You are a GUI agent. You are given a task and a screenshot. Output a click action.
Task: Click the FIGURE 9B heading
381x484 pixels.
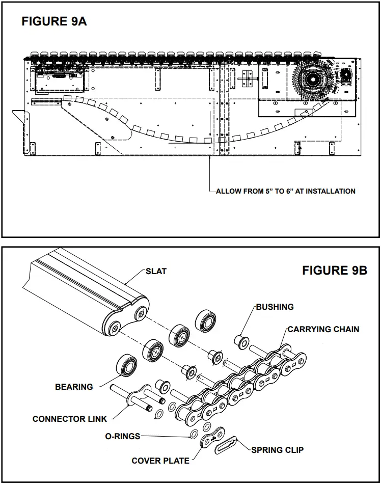pyautogui.click(x=334, y=271)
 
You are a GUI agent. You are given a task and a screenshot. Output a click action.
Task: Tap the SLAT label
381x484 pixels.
pyautogui.click(x=156, y=272)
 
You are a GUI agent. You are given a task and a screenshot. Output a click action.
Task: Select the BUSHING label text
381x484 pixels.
pyautogui.click(x=275, y=307)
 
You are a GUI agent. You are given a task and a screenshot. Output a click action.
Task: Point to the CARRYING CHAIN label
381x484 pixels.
pyautogui.click(x=323, y=330)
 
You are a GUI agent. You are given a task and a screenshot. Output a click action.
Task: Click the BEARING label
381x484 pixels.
pyautogui.click(x=74, y=387)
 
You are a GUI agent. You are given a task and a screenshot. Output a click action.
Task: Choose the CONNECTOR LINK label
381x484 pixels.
pyautogui.click(x=70, y=419)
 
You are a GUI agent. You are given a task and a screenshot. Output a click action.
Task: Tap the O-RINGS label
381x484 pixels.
pyautogui.click(x=122, y=437)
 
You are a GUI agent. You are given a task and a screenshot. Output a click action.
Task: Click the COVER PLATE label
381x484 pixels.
pyautogui.click(x=160, y=461)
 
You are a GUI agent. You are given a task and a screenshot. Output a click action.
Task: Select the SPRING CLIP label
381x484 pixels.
pyautogui.click(x=277, y=450)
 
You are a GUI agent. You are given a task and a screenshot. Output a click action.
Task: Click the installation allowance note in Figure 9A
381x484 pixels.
pyautogui.click(x=285, y=191)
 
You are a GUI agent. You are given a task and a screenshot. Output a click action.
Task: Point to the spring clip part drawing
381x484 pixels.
pyautogui.click(x=229, y=444)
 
